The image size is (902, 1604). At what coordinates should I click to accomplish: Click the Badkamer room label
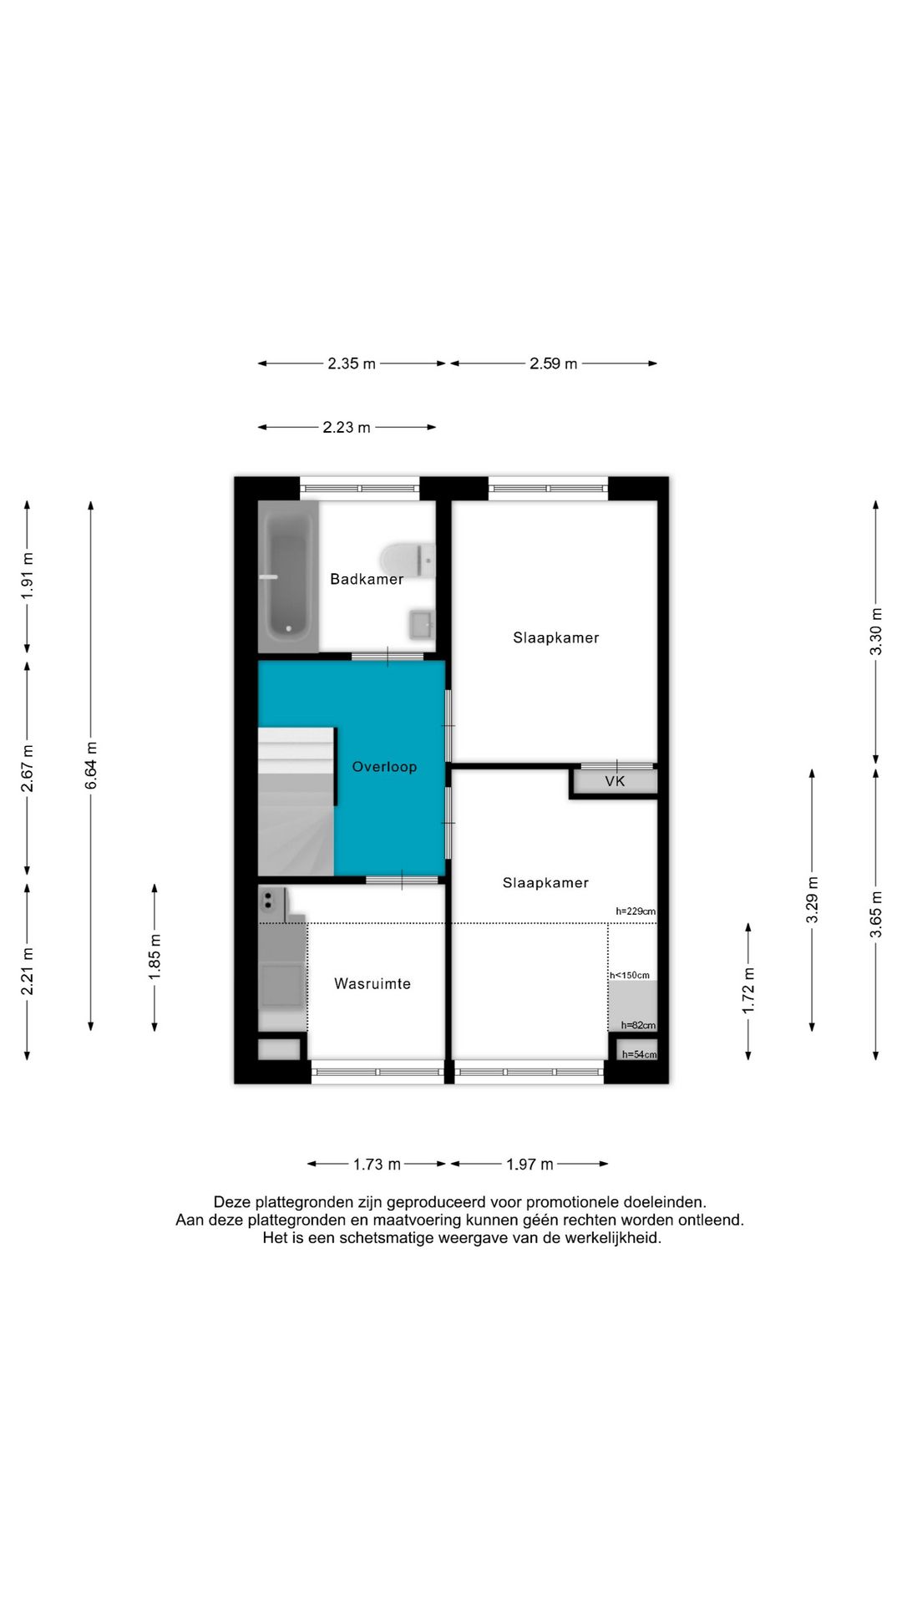[367, 579]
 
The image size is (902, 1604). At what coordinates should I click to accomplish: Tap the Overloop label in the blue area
[384, 767]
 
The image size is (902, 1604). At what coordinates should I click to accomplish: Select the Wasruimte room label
[372, 984]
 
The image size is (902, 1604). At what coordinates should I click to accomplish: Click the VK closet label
[615, 782]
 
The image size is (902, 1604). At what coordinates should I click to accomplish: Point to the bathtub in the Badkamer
[288, 576]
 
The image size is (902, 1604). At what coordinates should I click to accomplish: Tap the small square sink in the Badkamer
[422, 624]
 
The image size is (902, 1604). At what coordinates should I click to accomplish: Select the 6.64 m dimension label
[91, 765]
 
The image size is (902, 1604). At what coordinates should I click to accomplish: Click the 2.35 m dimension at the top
[352, 363]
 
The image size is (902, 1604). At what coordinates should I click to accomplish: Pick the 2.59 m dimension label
[554, 363]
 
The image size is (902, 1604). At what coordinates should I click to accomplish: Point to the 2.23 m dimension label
[347, 427]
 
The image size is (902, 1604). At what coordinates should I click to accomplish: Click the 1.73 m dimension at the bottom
[377, 1164]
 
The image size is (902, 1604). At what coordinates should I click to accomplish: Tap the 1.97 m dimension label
[530, 1164]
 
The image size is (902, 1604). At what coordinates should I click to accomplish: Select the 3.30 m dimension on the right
[876, 632]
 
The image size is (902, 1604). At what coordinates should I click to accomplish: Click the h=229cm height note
[636, 911]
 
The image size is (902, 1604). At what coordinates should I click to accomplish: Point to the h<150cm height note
[629, 975]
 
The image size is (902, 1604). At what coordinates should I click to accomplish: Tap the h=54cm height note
[639, 1054]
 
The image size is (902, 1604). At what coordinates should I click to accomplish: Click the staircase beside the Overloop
[296, 801]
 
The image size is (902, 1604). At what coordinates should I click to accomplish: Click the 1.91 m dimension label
[28, 576]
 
